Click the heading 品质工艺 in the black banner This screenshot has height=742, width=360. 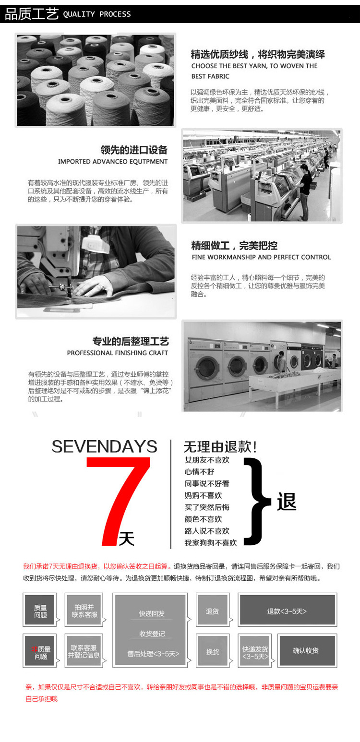tap(32, 14)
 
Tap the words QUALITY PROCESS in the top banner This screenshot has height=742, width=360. tap(96, 14)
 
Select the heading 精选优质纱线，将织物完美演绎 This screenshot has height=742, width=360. tap(258, 54)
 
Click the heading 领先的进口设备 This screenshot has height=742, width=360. tap(134, 150)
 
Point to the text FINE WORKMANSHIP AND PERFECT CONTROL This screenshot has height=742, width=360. tap(261, 257)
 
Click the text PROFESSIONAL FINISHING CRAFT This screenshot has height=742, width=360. tap(118, 353)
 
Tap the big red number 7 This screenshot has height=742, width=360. tap(118, 501)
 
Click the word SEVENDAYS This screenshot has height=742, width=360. tap(104, 446)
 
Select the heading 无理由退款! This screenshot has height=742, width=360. tap(220, 447)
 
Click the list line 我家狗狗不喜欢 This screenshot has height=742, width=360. tap(211, 543)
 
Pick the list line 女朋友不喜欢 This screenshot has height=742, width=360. tap(207, 460)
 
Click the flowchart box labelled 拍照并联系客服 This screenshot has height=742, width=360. tap(84, 611)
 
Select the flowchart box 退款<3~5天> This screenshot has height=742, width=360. tap(287, 611)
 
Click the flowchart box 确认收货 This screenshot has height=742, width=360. tap(306, 651)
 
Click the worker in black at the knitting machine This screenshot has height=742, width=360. tap(305, 192)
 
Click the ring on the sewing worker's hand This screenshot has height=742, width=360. tap(103, 287)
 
